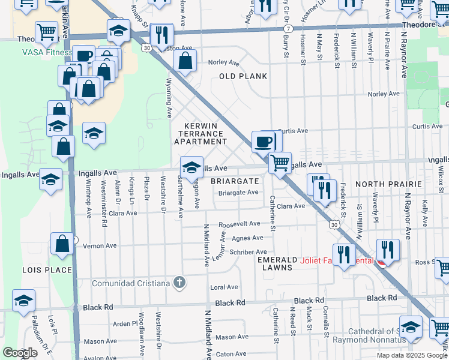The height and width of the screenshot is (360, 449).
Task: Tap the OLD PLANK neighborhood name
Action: pyautogui.click(x=243, y=76)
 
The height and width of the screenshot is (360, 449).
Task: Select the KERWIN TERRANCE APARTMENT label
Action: pyautogui.click(x=200, y=133)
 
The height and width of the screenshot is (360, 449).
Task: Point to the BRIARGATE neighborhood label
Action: pyautogui.click(x=235, y=181)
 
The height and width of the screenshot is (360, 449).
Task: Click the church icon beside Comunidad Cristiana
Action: pyautogui.click(x=179, y=282)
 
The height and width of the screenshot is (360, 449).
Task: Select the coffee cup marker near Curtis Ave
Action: pyautogui.click(x=263, y=142)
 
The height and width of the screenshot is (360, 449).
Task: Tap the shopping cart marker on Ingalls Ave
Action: pyautogui.click(x=279, y=162)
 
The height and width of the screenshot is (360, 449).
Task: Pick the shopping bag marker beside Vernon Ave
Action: pyautogui.click(x=62, y=243)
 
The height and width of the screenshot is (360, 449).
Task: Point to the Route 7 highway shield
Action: pyautogui.click(x=289, y=29)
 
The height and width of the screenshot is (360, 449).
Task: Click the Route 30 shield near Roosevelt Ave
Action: pyautogui.click(x=333, y=224)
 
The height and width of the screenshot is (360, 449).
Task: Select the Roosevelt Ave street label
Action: pyautogui.click(x=240, y=223)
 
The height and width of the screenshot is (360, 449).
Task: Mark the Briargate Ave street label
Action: pyautogui.click(x=238, y=193)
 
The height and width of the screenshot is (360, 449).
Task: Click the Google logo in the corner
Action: pyautogui.click(x=20, y=353)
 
